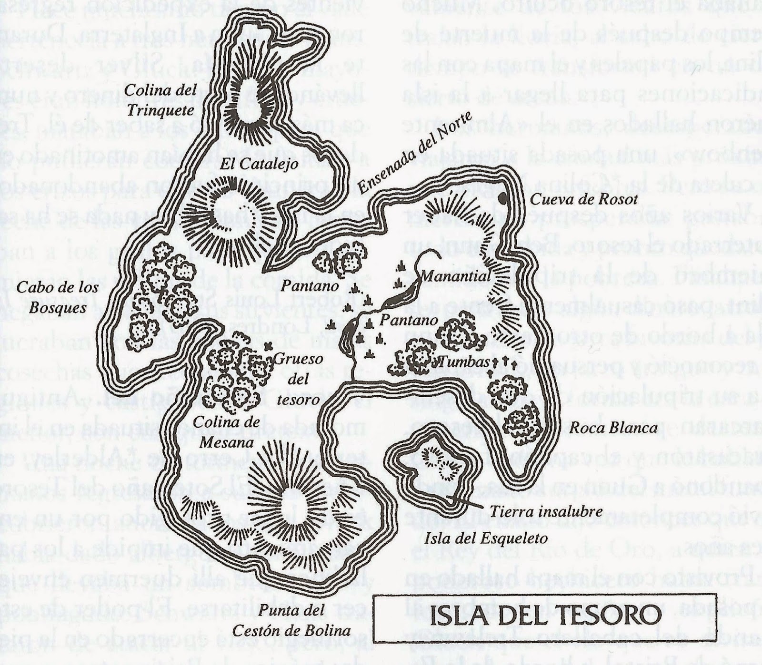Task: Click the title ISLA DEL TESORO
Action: pyautogui.click(x=546, y=618)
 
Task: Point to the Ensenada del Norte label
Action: pyautogui.click(x=414, y=153)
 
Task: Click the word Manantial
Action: pyautogui.click(x=455, y=276)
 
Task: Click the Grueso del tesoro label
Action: pyautogui.click(x=299, y=379)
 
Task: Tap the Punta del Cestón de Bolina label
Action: pyautogui.click(x=291, y=621)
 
